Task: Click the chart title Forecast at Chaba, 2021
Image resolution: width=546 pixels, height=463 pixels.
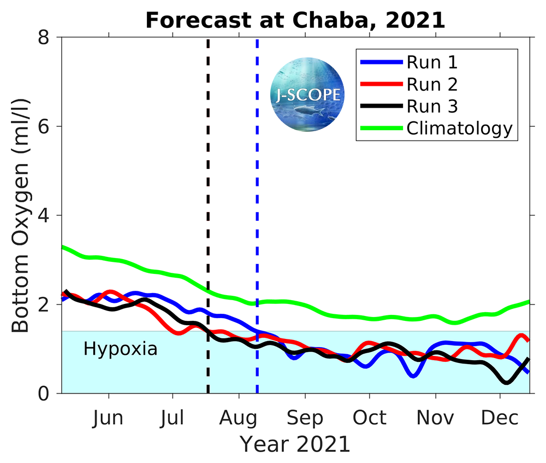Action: tap(295, 20)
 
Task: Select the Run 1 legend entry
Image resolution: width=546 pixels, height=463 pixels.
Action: tap(432, 62)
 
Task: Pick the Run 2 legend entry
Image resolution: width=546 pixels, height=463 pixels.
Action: tap(432, 84)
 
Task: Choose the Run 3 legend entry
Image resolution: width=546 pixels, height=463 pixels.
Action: tap(432, 106)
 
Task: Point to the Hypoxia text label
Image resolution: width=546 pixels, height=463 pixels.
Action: tap(120, 349)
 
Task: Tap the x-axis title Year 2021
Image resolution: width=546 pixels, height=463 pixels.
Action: tap(295, 444)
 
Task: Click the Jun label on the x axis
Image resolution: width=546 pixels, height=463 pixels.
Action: tap(108, 418)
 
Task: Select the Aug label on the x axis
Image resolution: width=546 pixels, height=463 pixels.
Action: tap(238, 418)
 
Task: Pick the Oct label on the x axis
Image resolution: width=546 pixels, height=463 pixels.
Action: tap(369, 418)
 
